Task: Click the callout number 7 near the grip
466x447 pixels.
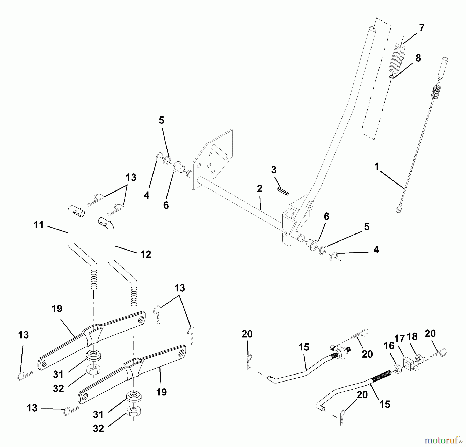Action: (422, 28)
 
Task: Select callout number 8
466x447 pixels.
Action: (418, 58)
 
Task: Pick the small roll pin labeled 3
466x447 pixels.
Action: (283, 192)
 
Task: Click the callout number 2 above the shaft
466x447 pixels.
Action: (260, 189)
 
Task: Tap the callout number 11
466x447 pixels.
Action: (39, 225)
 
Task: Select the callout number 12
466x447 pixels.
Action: (146, 254)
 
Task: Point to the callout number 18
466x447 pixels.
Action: (412, 336)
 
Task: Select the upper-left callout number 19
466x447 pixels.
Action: (57, 309)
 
